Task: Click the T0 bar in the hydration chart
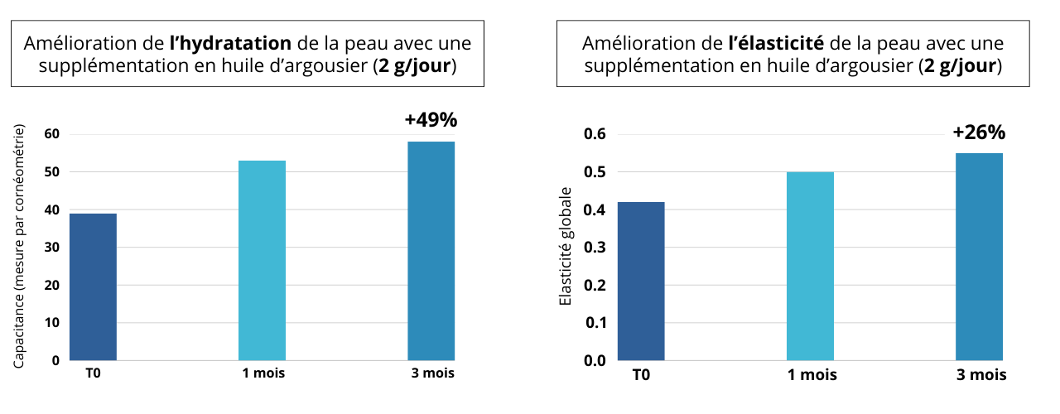(x=93, y=286)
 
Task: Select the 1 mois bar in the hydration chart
(x=262, y=260)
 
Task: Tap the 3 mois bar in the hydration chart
(x=431, y=251)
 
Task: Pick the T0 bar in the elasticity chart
(x=641, y=281)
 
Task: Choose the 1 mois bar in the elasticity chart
(x=810, y=266)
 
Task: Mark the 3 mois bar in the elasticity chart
(x=979, y=257)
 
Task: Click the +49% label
(x=431, y=120)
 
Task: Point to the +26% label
(x=979, y=132)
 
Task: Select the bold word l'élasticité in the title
(x=777, y=43)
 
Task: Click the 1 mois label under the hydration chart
(x=263, y=373)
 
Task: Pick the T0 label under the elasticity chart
(x=641, y=375)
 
